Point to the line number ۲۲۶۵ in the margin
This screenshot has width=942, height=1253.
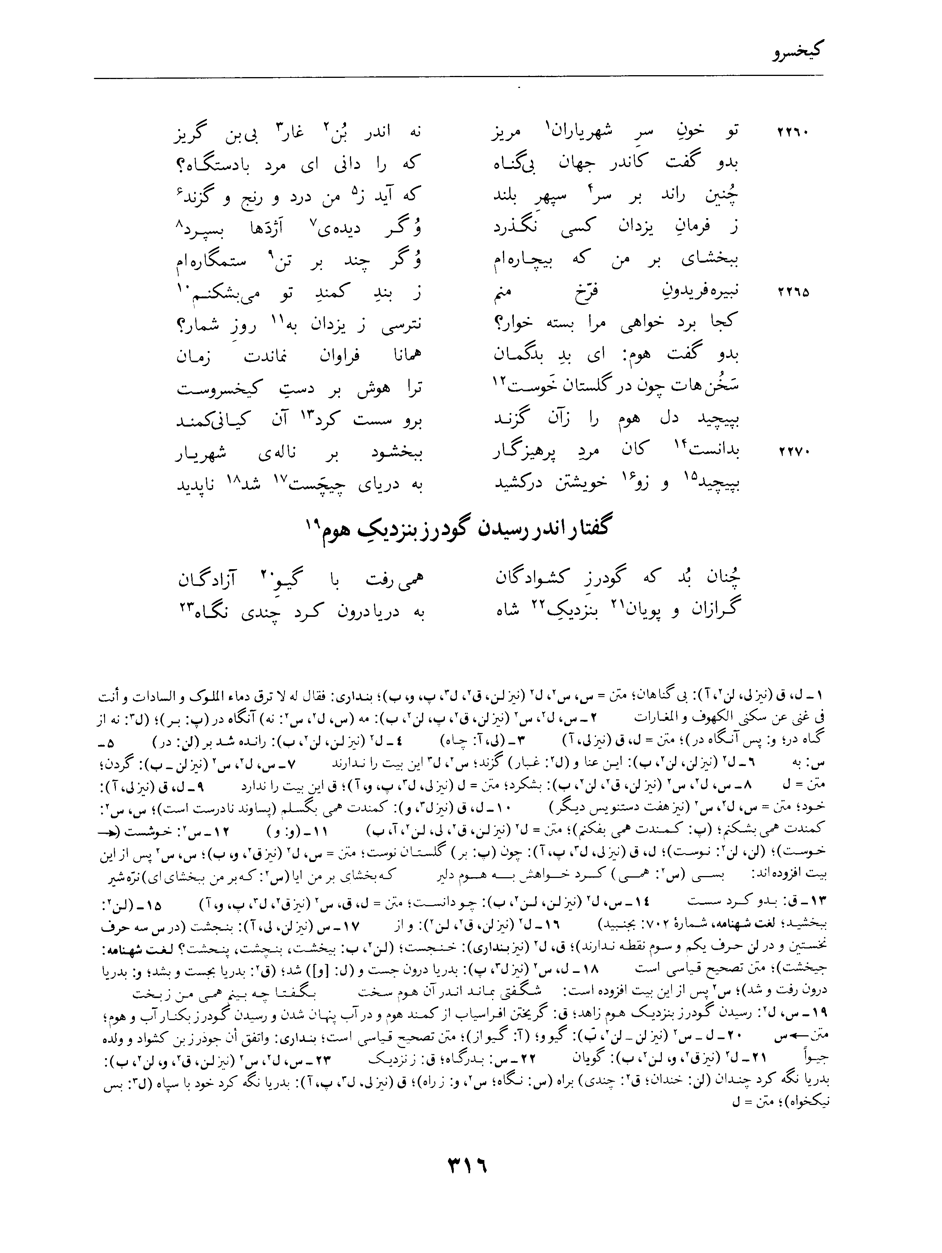click(792, 293)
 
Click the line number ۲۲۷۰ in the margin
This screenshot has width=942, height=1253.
click(792, 453)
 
